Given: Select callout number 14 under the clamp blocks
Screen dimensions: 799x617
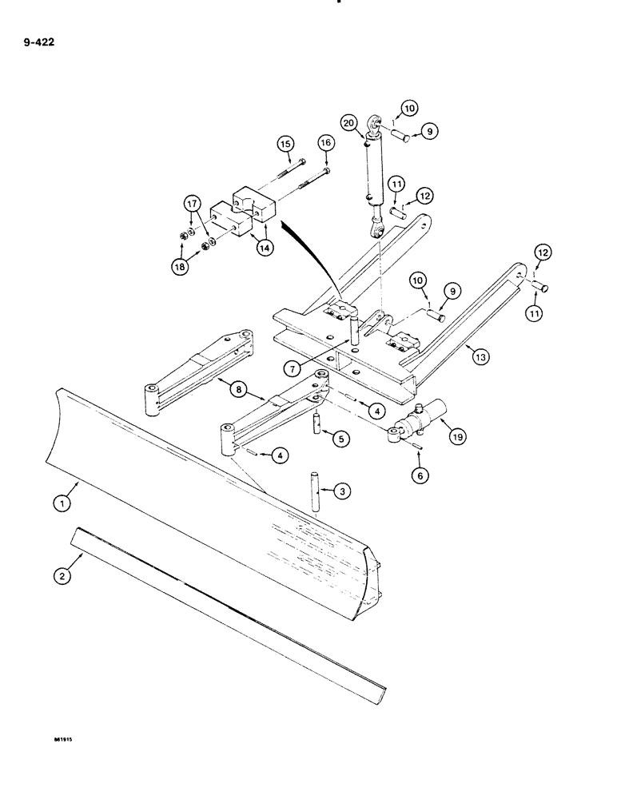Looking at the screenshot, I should [264, 248].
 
